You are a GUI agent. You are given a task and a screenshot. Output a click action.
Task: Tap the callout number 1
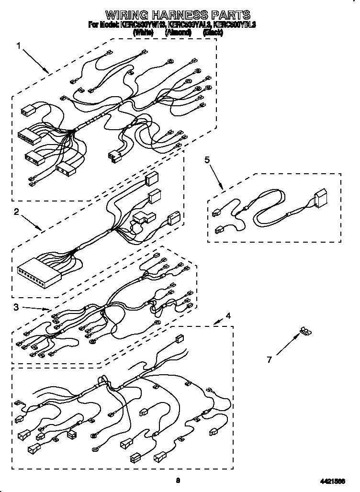tap(19, 46)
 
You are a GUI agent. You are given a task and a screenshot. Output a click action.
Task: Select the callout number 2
tap(16, 212)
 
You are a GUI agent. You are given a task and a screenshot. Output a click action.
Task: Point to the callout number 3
tap(16, 308)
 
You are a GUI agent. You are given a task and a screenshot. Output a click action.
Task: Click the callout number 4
tap(228, 316)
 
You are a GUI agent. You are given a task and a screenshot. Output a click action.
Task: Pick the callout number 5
tap(207, 160)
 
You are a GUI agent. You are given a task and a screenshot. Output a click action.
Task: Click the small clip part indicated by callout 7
tap(304, 330)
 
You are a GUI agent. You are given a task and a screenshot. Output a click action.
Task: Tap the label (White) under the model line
tap(143, 33)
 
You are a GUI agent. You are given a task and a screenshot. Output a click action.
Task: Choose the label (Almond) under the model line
tap(178, 33)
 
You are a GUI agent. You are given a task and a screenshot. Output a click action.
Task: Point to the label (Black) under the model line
tap(214, 33)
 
